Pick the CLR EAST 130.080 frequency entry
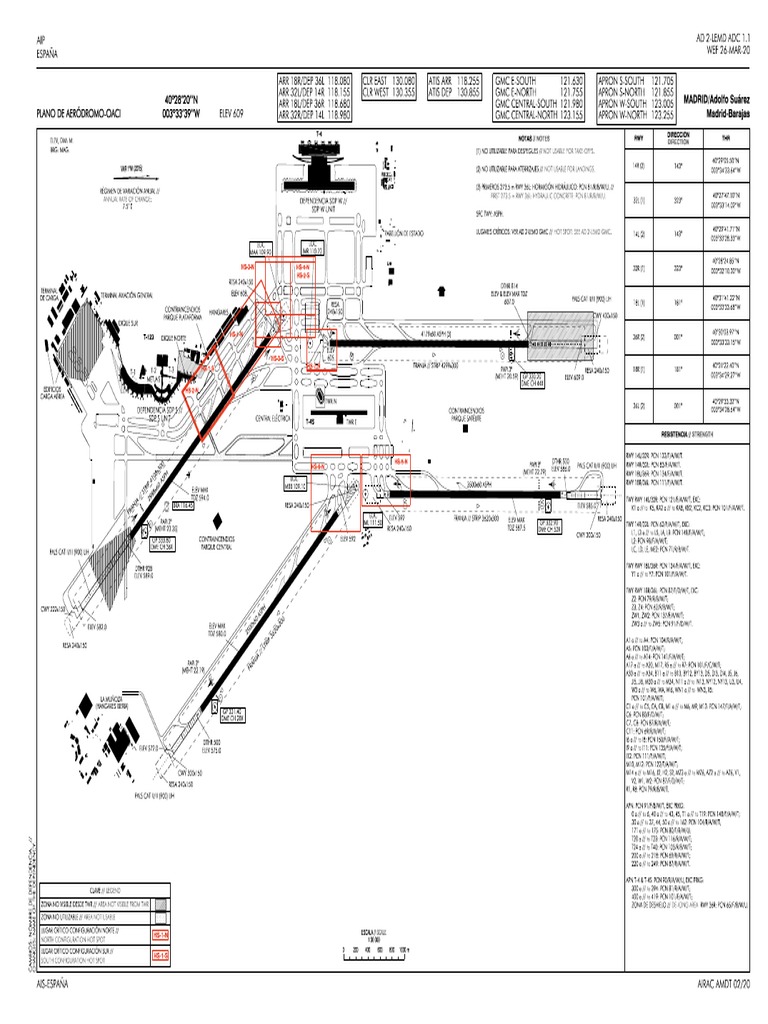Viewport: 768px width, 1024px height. [389, 79]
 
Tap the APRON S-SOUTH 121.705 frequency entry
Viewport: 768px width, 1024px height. [635, 79]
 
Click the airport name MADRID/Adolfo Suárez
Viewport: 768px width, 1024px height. [716, 102]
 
